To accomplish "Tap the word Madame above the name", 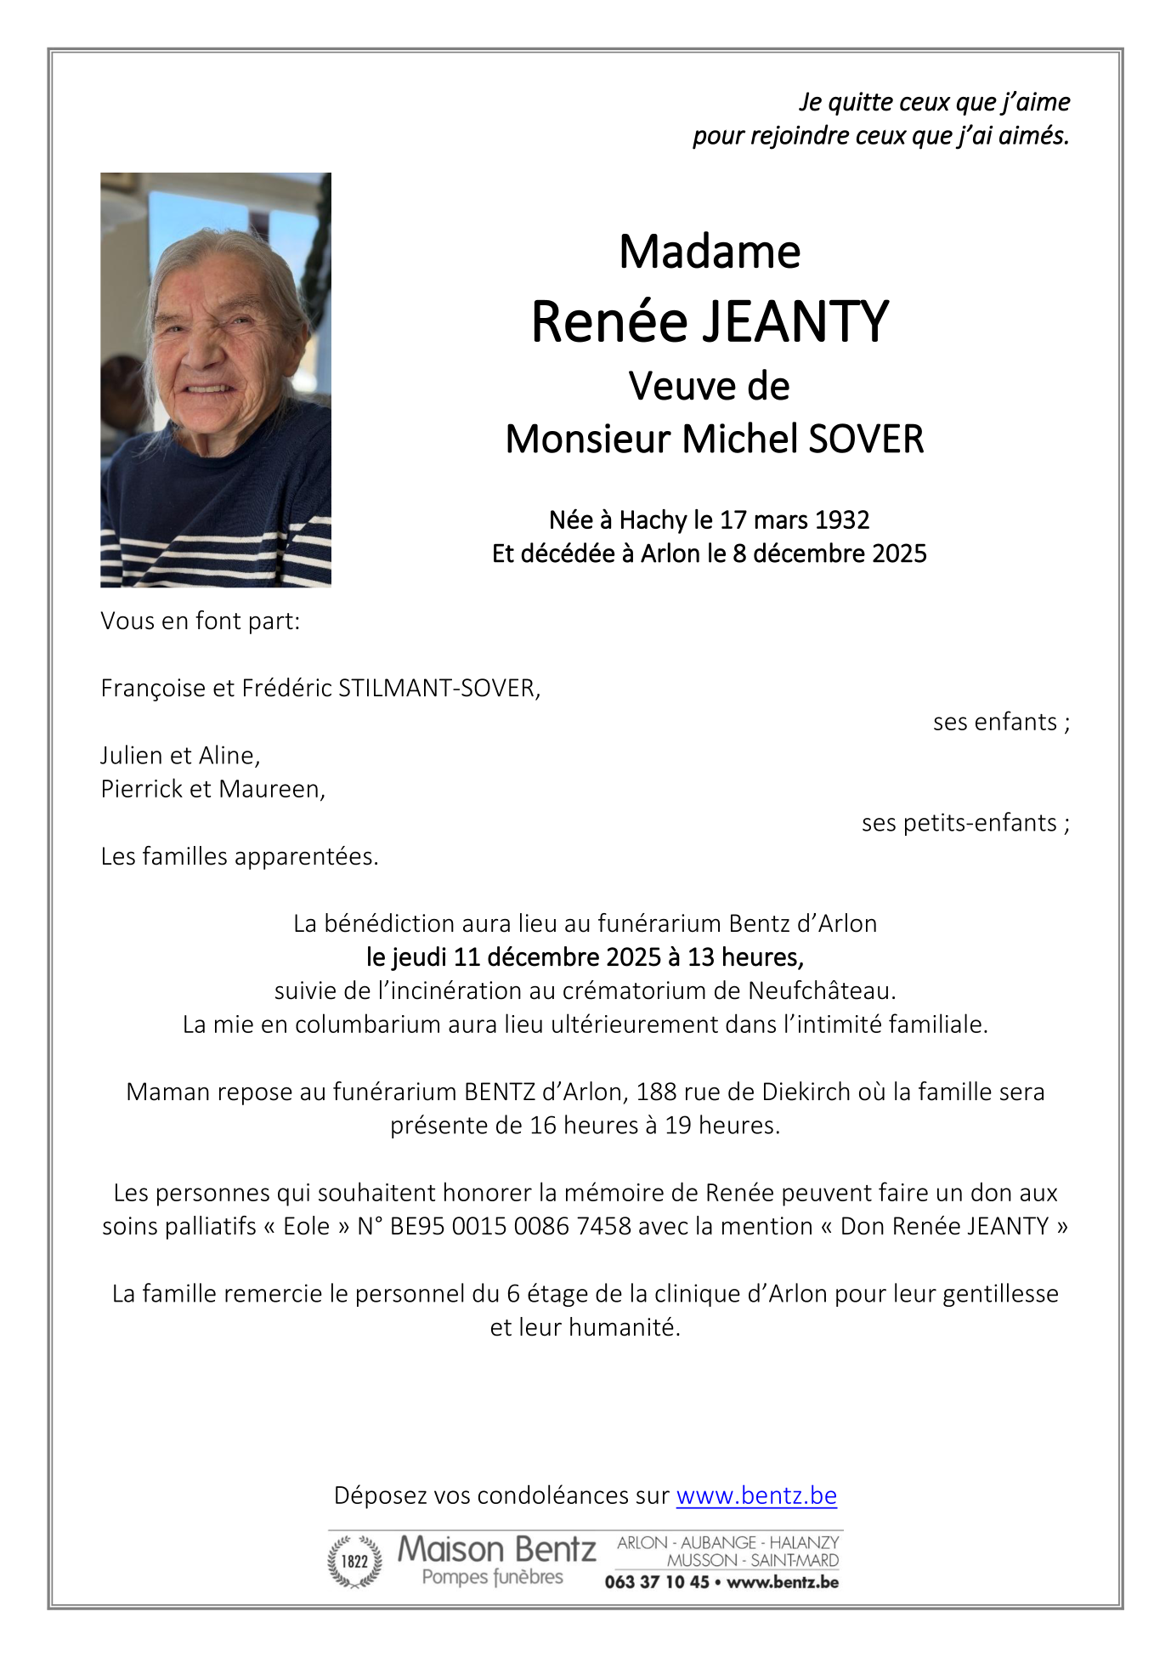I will tap(710, 252).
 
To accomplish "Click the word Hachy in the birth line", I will tap(653, 519).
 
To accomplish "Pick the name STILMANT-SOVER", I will tap(438, 688).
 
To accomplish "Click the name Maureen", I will tap(272, 789).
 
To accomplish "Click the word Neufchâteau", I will tap(821, 990).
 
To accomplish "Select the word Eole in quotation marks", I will tap(306, 1226).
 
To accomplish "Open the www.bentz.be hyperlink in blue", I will tap(756, 1495).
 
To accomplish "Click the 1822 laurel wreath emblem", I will tap(354, 1561).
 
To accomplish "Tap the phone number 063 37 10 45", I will tap(656, 1582).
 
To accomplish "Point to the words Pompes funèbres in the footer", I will tap(492, 1577).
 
